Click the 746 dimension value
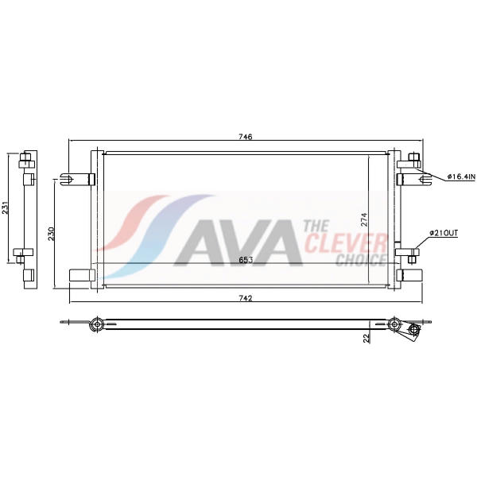[246, 137]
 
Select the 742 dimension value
[246, 298]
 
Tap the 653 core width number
[246, 260]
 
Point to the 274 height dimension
[364, 219]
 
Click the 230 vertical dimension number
[51, 234]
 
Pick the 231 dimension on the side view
[6, 207]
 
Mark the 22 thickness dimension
[366, 339]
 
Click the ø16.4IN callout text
[460, 176]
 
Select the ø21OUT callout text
[444, 233]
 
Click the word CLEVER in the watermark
[346, 242]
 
